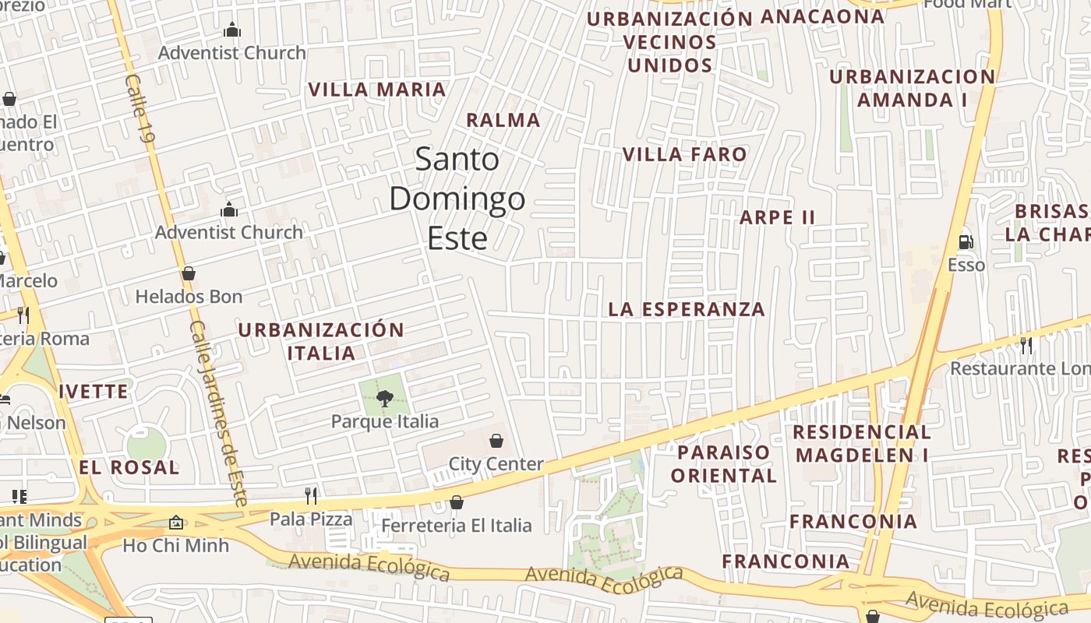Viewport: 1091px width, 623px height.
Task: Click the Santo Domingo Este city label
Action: (457, 199)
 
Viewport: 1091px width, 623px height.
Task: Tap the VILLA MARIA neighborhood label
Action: (377, 90)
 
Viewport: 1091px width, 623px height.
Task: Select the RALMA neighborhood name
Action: (503, 120)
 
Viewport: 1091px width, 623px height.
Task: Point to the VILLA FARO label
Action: (684, 154)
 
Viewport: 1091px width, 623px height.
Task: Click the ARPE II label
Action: (777, 217)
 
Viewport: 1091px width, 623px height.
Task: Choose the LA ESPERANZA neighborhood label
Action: (687, 309)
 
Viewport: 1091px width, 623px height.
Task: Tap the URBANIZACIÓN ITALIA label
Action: (321, 341)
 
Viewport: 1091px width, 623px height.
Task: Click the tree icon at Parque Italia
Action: (384, 399)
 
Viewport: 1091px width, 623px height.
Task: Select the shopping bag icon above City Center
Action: (496, 441)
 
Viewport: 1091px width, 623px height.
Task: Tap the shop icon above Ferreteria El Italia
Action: (457, 502)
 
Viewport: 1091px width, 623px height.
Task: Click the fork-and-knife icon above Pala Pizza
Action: (311, 495)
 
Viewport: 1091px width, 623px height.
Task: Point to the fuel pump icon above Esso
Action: (966, 242)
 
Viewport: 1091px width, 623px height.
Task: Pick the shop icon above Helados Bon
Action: (188, 273)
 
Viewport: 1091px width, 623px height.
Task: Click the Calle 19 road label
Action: (140, 109)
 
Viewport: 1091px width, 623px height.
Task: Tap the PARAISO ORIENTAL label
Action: (723, 463)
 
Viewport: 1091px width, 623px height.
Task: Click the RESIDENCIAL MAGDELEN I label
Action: (862, 443)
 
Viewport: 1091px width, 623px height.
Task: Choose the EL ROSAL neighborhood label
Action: (129, 467)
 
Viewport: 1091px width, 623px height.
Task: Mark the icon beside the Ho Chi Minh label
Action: (176, 523)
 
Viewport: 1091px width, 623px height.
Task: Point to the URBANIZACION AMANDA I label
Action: (912, 88)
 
